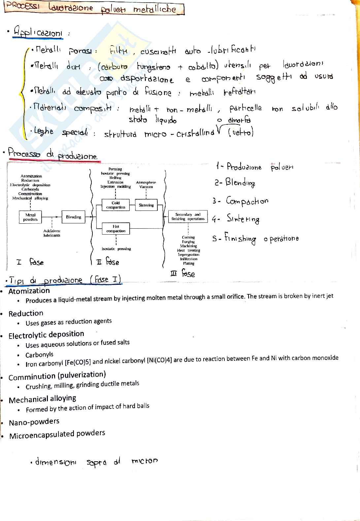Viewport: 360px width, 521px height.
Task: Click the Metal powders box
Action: click(30, 217)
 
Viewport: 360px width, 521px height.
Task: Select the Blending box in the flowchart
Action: click(73, 217)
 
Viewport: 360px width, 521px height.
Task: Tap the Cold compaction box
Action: click(115, 205)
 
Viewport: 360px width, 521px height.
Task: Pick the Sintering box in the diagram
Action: click(146, 205)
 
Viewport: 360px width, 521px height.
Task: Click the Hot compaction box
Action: click(115, 229)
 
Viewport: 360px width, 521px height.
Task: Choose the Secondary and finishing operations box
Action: click(188, 217)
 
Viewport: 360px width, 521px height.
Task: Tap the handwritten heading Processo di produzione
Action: click(53, 154)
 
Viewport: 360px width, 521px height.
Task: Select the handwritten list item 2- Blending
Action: click(235, 182)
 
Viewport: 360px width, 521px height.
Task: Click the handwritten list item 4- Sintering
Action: click(236, 219)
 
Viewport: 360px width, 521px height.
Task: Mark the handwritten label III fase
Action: click(182, 274)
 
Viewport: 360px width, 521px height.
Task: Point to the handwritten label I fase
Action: click(30, 262)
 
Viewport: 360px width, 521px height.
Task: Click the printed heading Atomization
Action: click(29, 291)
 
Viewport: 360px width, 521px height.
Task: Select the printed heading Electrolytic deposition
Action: click(46, 335)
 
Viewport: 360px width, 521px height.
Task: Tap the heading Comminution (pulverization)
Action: click(57, 376)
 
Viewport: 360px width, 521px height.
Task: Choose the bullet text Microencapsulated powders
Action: click(57, 435)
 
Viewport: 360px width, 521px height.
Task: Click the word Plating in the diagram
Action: click(189, 263)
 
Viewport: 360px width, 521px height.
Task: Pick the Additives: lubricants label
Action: click(52, 233)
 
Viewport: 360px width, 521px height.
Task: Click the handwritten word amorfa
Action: click(239, 120)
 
